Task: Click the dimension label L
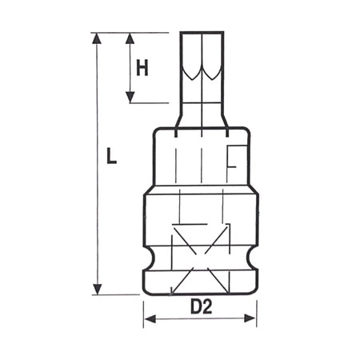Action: click(111, 155)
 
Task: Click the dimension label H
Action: click(142, 69)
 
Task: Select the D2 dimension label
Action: click(200, 306)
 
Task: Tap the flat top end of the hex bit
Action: click(200, 33)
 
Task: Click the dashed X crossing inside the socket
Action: click(200, 254)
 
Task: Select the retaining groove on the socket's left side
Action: click(147, 258)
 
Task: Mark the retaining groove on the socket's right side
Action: click(254, 258)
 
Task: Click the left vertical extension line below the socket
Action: click(145, 312)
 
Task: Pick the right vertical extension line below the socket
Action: click(256, 312)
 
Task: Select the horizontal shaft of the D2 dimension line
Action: click(200, 320)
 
